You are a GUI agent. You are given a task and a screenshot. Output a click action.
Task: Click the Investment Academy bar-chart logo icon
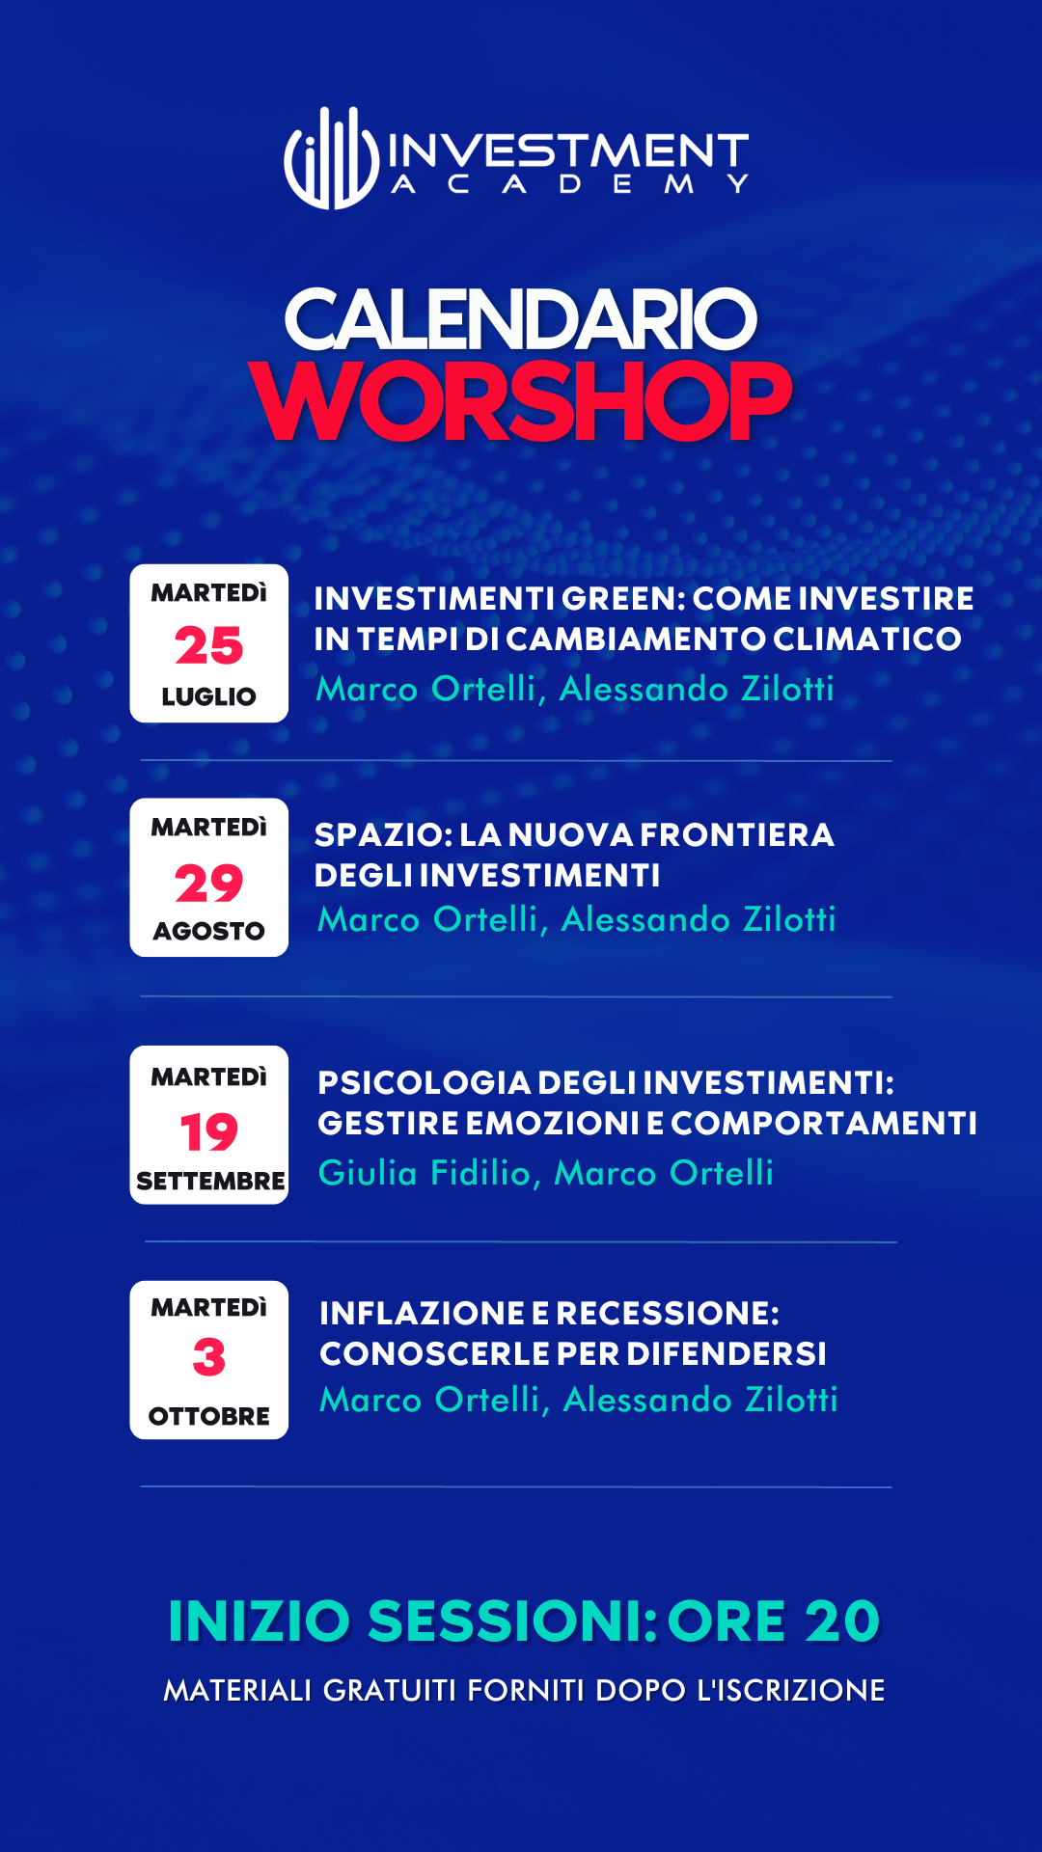coord(332,158)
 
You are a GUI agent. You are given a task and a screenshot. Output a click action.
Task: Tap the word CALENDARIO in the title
coord(521,320)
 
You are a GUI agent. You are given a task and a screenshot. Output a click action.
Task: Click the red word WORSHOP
coord(521,401)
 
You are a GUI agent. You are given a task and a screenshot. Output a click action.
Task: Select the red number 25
coord(208,646)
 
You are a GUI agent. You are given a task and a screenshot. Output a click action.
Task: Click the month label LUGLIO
coord(208,696)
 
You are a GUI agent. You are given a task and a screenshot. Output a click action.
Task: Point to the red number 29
coord(208,883)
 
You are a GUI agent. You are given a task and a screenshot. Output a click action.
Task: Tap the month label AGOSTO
coord(208,931)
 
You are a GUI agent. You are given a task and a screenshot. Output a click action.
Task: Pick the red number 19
coord(208,1132)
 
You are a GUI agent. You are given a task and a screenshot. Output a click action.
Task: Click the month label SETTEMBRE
coord(210,1181)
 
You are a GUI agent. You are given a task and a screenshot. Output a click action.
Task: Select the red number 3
coord(208,1358)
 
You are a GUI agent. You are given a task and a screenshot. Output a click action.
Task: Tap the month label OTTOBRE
coord(208,1416)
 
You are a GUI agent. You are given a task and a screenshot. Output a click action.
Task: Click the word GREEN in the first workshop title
coord(621,599)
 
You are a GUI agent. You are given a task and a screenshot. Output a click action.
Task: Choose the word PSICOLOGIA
coord(424,1083)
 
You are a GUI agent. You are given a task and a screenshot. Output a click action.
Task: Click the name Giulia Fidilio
coord(425,1173)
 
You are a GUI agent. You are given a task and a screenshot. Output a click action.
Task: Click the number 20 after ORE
coord(841,1620)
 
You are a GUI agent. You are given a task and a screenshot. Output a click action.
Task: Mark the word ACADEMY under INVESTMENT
coord(569,183)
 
